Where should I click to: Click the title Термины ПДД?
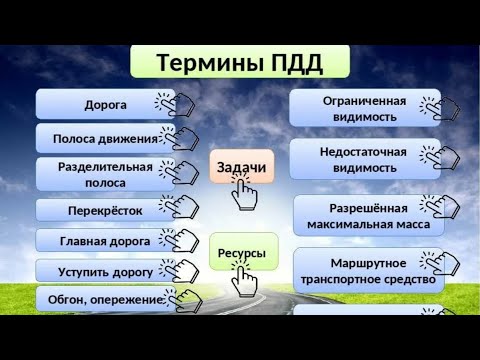coord(240,62)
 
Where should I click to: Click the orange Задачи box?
coord(241,166)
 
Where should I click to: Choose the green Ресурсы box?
coord(241,253)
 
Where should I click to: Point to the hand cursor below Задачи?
coord(243,193)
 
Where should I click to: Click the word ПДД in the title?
coord(295,62)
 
